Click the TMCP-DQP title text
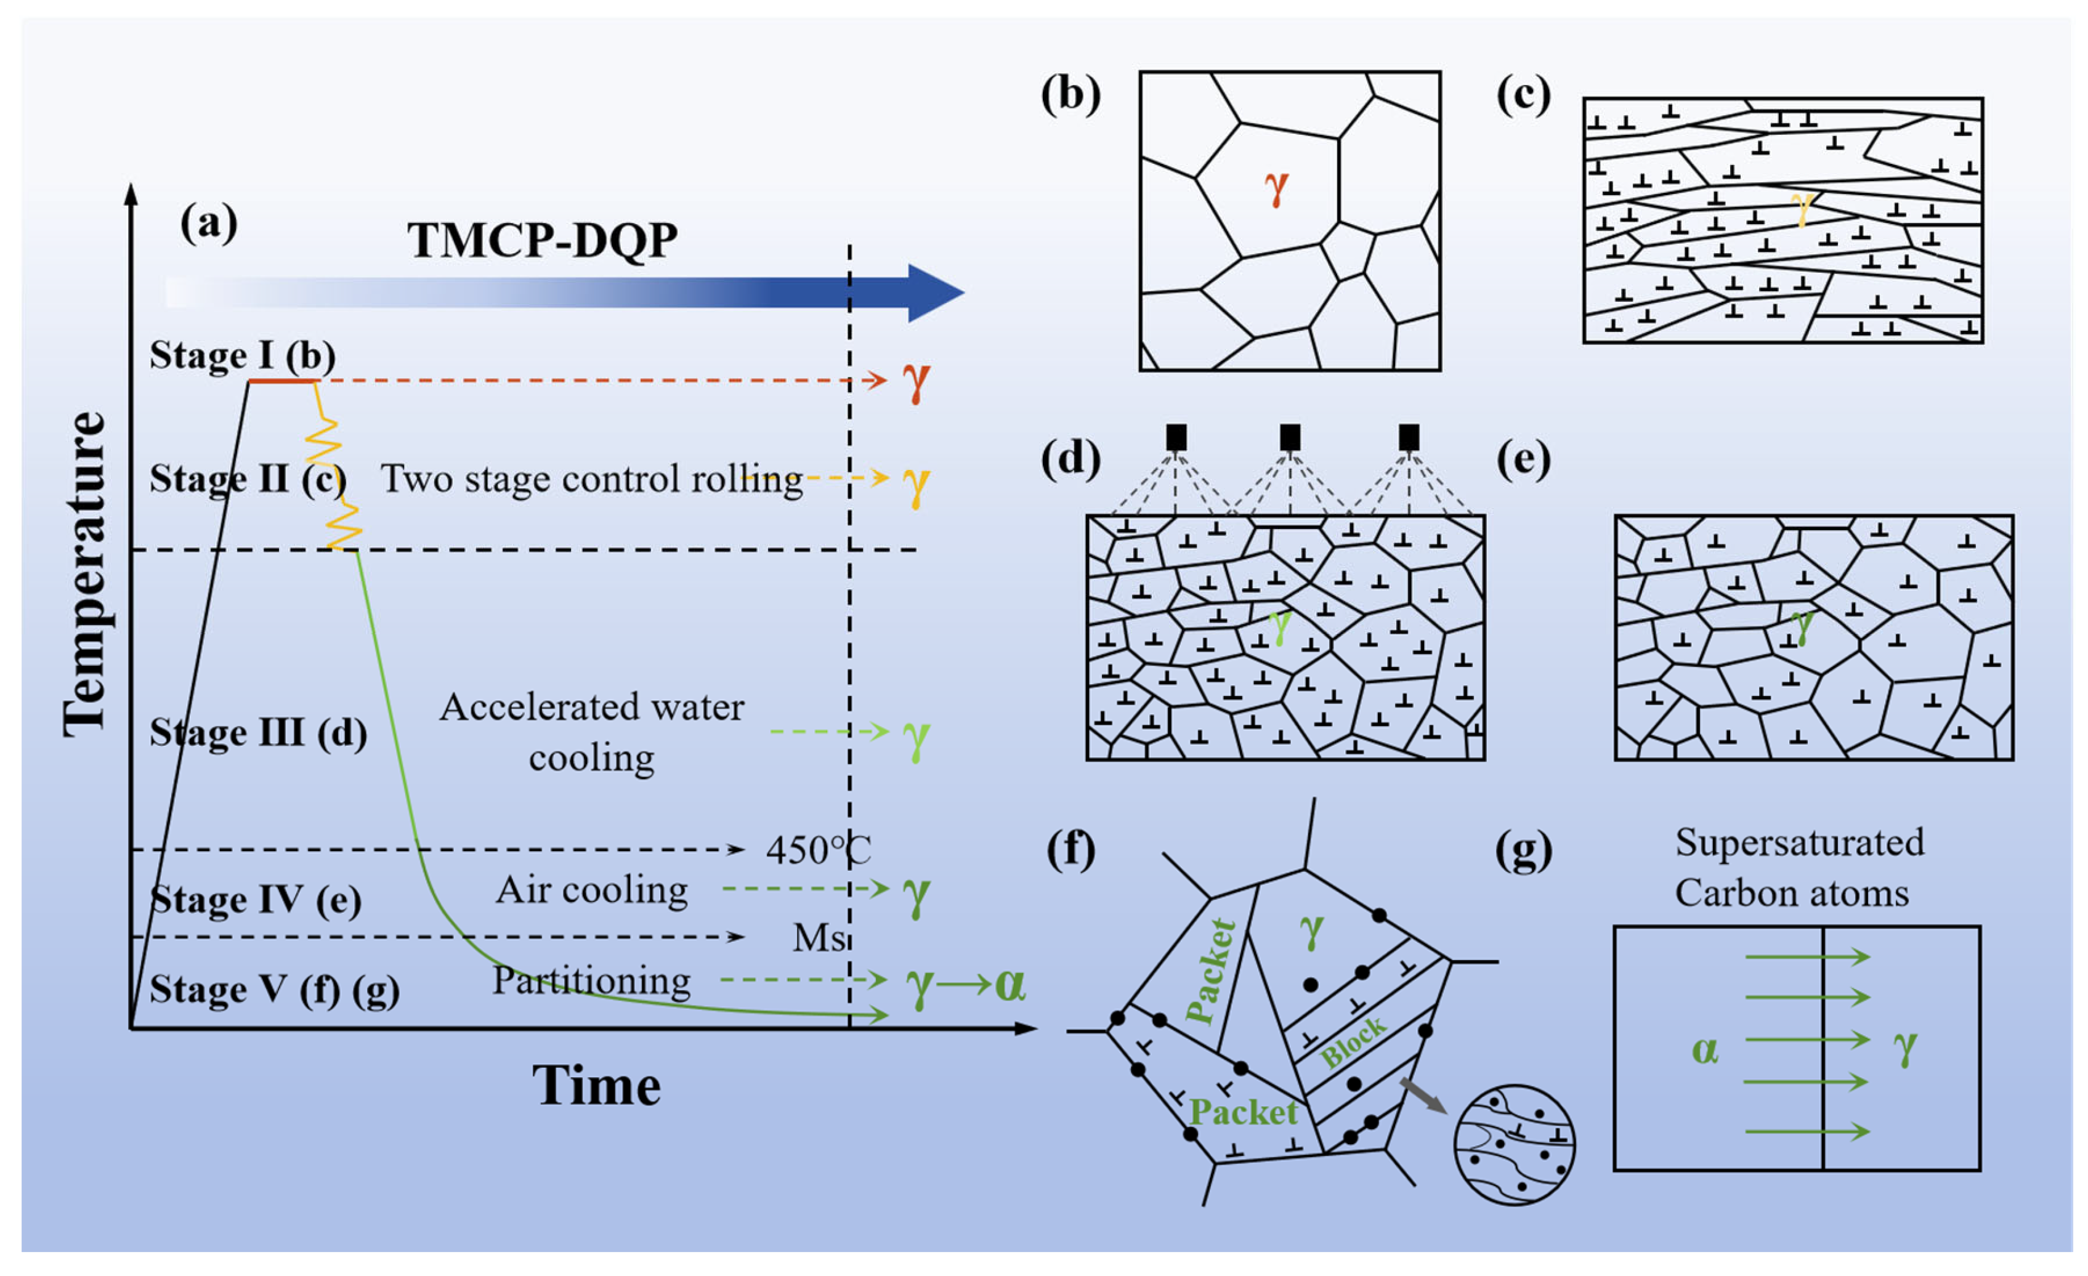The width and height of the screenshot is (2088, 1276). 543,241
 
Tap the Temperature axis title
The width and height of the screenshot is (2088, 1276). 86,575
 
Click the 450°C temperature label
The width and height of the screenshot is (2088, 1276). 818,850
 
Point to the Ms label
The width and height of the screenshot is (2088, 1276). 819,938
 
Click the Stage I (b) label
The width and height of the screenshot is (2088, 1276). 242,356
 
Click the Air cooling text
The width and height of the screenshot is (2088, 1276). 591,890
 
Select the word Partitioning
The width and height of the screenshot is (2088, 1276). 591,981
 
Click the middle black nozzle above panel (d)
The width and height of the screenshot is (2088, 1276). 1290,437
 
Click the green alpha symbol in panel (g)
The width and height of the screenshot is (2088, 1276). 1704,1051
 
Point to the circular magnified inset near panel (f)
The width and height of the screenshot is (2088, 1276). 1515,1145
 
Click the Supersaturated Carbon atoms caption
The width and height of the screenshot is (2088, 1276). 1798,868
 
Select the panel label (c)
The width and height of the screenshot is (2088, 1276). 1523,94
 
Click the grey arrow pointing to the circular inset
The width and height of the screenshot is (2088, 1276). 1423,1096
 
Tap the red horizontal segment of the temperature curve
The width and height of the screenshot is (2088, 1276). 282,382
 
